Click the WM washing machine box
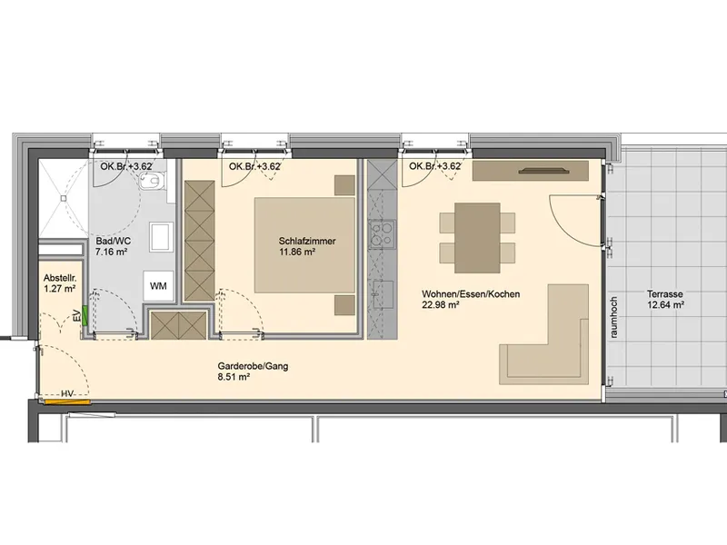(158, 286)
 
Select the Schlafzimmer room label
(307, 241)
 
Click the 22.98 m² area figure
(441, 305)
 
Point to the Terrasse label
(665, 293)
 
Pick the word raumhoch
(614, 317)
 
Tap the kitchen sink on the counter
(383, 294)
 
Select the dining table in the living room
(477, 238)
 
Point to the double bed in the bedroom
(304, 245)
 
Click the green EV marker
(85, 314)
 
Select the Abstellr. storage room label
(59, 278)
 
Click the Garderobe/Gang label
(253, 366)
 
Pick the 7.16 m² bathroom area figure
(111, 253)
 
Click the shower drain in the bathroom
(63, 198)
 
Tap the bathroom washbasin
(161, 237)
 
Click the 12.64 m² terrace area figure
(666, 305)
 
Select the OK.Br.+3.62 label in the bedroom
(254, 166)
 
